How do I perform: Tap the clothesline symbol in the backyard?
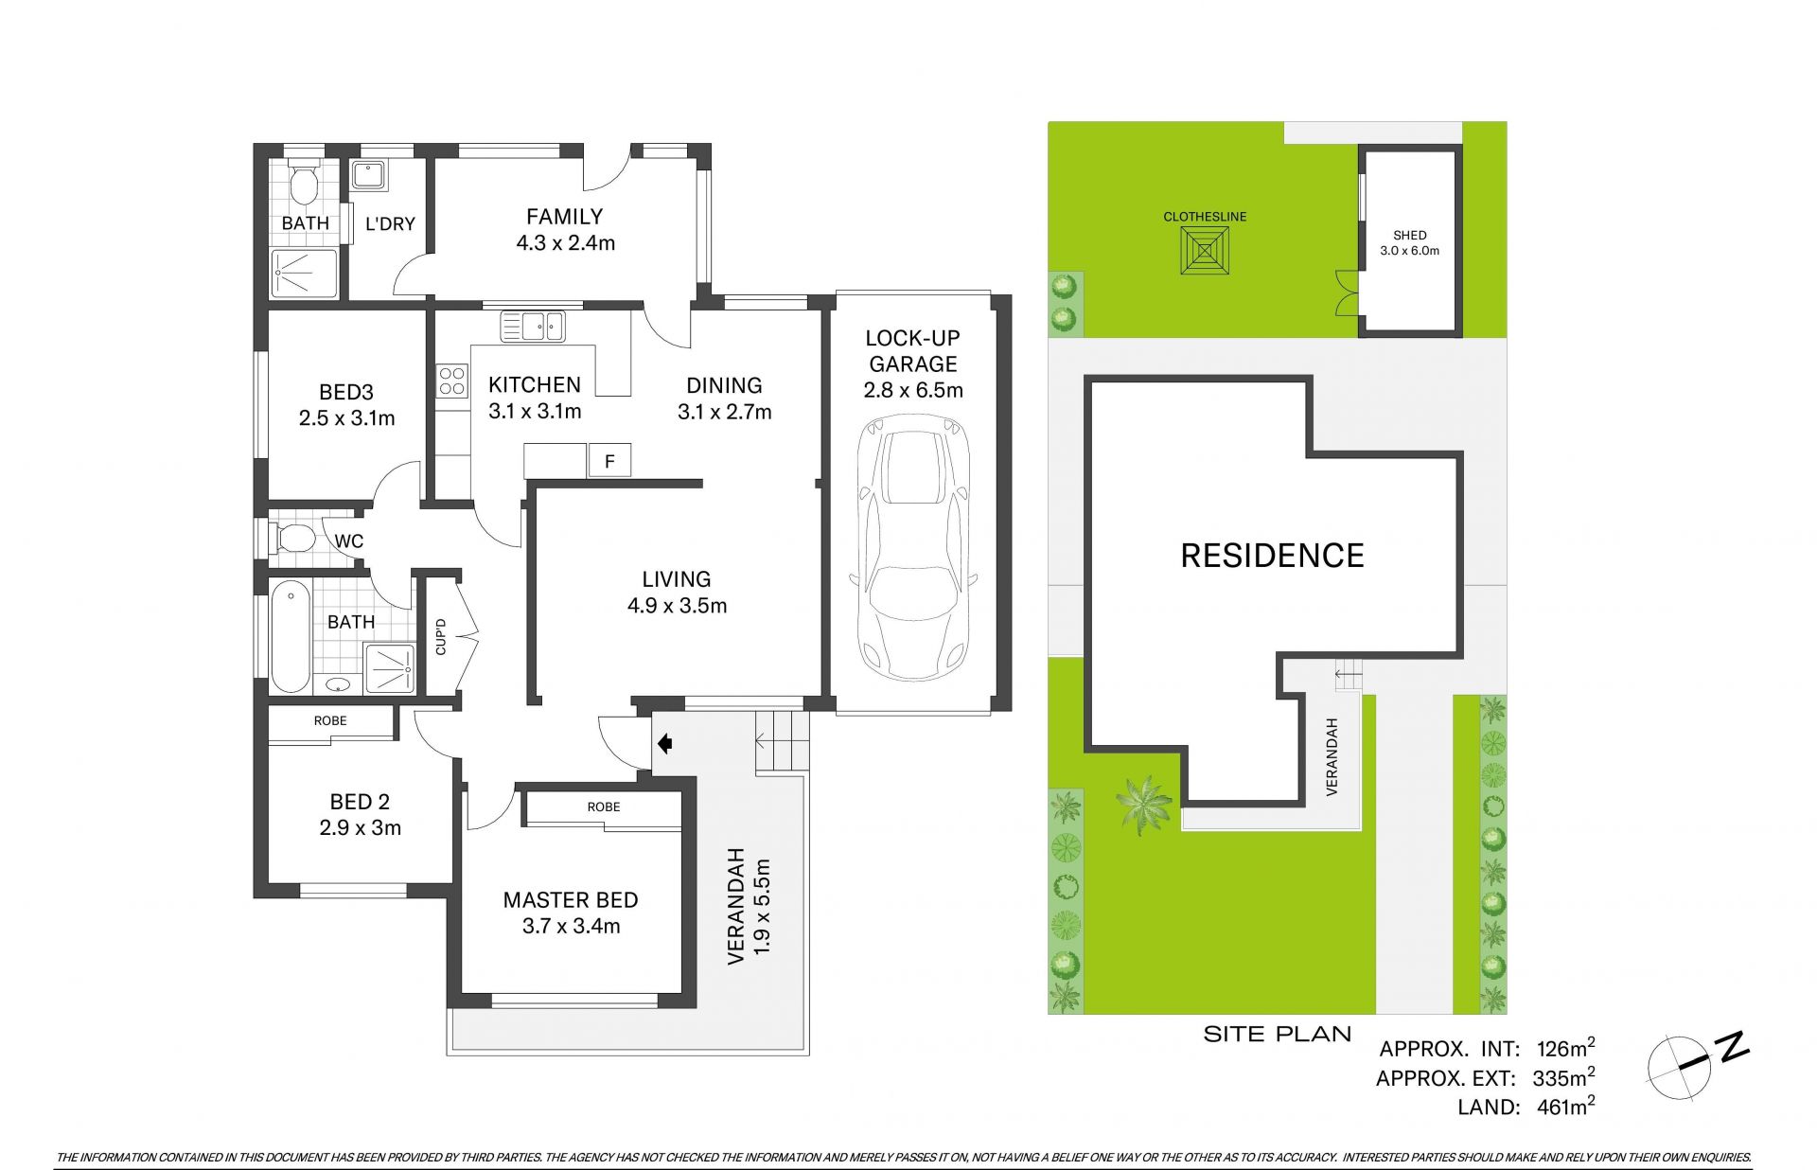1205,251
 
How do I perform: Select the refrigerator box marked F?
609,461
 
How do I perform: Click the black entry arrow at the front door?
664,744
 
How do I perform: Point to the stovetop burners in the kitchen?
451,380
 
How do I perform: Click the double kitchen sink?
532,327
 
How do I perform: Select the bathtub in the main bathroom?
291,638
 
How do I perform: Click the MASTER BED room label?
571,899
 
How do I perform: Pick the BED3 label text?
346,391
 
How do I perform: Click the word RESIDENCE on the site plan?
1272,555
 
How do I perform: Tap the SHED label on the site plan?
1410,235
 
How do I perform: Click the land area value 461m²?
1566,1105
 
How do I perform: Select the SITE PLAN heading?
1278,1034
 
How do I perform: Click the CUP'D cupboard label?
440,636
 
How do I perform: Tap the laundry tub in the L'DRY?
365,176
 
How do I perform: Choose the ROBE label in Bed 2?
330,720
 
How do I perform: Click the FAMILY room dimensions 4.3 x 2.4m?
566,243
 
